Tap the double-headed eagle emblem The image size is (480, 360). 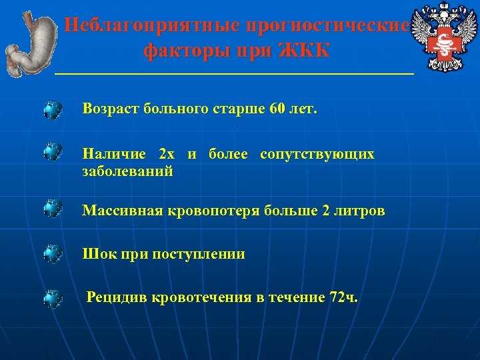443,37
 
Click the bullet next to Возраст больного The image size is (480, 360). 53,109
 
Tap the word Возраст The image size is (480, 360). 110,109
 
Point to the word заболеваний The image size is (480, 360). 128,171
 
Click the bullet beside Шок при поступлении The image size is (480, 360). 53,254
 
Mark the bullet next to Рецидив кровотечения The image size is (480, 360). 53,298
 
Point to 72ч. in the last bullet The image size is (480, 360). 343,297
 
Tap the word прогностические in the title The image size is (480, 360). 327,26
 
